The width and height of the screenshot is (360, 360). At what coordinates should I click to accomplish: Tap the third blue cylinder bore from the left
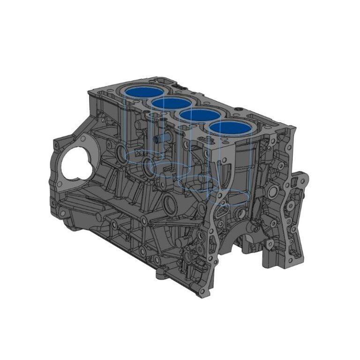tap(200, 115)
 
